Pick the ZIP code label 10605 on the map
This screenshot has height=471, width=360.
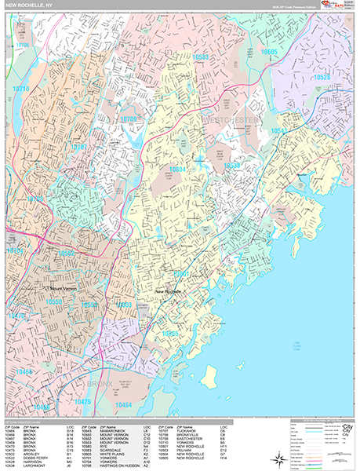pyautogui.click(x=269, y=51)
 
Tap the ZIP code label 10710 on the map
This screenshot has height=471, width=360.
pyautogui.click(x=20, y=89)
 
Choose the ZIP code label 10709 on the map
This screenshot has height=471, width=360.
pyautogui.click(x=129, y=118)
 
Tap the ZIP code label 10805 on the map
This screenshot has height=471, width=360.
pyautogui.click(x=171, y=332)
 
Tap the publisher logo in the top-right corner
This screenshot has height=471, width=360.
pyautogui.click(x=340, y=6)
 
